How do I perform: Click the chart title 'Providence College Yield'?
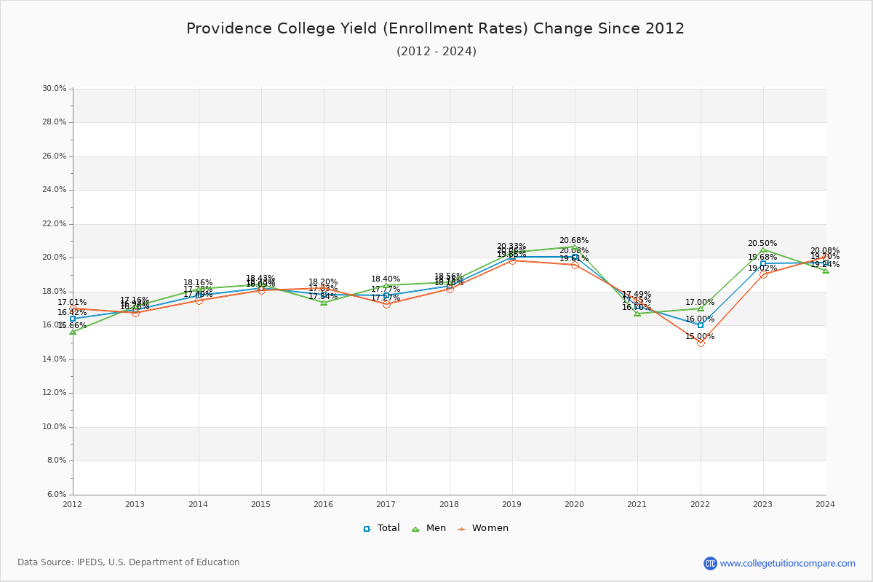(x=435, y=29)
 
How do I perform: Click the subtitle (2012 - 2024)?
(x=436, y=52)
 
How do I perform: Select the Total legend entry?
(x=382, y=528)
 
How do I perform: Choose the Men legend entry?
(x=431, y=528)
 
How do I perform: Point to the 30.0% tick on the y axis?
(x=55, y=89)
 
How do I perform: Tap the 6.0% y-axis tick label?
(x=56, y=495)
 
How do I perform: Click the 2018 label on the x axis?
(x=449, y=504)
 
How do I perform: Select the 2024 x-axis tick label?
(x=825, y=504)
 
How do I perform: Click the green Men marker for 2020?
(x=575, y=247)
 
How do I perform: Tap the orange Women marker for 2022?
(x=701, y=343)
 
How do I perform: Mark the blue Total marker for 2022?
(x=701, y=325)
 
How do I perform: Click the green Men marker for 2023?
(x=763, y=250)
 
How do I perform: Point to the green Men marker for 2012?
(x=73, y=332)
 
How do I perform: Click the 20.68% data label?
(x=574, y=241)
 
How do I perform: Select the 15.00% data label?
(x=700, y=337)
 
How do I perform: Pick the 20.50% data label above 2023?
(x=762, y=244)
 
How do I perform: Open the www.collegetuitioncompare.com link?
(x=787, y=563)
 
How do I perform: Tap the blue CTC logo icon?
(x=710, y=563)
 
